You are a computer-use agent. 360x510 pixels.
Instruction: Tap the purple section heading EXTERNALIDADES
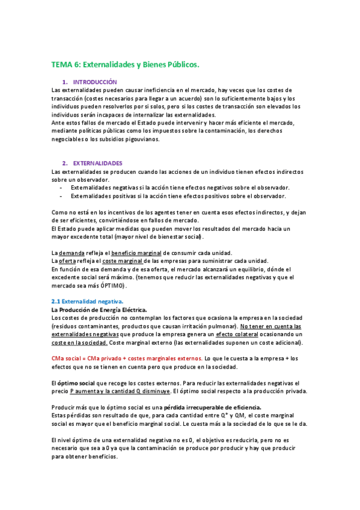tap(97, 163)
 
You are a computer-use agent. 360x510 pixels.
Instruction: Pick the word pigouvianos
tap(142, 139)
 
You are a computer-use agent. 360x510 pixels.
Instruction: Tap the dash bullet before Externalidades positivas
tap(62, 195)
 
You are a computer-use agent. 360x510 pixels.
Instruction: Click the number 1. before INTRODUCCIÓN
tap(64, 81)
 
